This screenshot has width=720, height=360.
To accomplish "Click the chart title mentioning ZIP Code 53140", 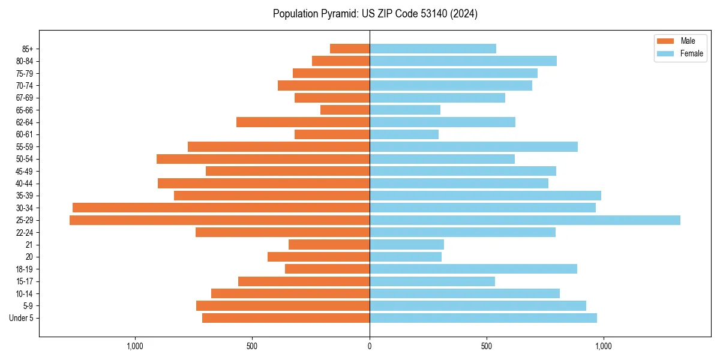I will tap(375, 14).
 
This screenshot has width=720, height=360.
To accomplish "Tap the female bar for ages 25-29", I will tap(524, 220).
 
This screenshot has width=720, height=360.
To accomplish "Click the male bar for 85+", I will tap(350, 49).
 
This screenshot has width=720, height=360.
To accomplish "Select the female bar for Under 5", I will tap(483, 318).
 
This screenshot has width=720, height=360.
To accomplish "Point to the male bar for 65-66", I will tap(345, 110).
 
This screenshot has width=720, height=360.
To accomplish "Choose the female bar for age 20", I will tap(406, 257).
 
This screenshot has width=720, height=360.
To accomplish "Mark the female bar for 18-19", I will tap(473, 269).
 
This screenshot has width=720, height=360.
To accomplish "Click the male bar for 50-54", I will tap(263, 159).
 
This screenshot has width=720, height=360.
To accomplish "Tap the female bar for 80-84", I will tap(463, 61).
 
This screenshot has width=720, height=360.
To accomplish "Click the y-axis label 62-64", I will tap(25, 122).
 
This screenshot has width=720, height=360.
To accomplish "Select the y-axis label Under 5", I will tap(22, 318).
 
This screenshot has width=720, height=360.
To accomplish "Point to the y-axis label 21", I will tap(29, 245).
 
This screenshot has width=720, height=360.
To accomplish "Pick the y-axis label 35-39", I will tap(25, 196).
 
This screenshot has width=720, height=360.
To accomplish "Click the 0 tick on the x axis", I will tap(370, 346).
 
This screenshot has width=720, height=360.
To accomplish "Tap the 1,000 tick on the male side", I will tap(135, 346).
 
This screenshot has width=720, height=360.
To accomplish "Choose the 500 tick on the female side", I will tap(487, 346).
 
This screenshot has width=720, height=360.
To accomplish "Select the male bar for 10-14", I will tap(290, 293).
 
